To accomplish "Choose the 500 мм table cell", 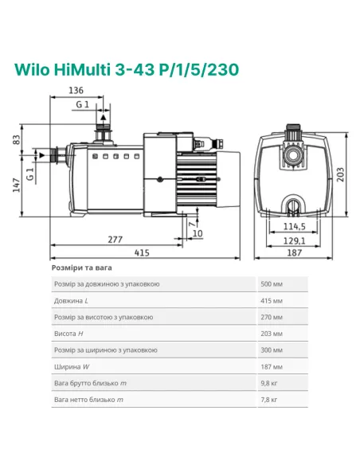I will [x=272, y=284].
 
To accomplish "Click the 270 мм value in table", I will [x=272, y=317].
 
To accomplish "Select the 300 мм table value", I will [x=272, y=350].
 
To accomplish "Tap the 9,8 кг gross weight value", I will [x=270, y=383].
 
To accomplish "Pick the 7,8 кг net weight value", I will [x=270, y=400].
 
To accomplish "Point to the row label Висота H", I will [x=68, y=334].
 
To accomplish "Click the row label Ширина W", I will [x=70, y=367].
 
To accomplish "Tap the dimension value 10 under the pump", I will [x=197, y=233].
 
